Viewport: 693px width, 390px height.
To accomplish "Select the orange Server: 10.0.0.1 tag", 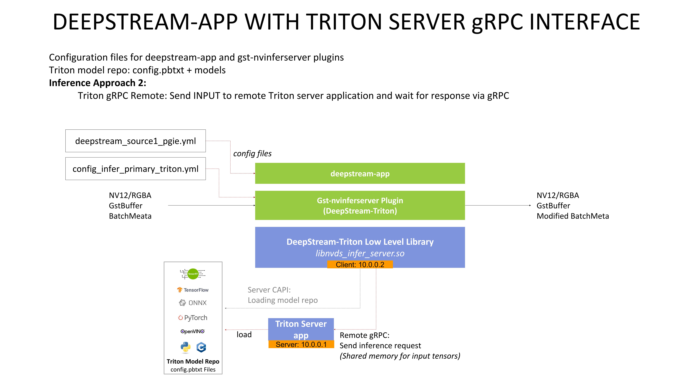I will click(x=301, y=344).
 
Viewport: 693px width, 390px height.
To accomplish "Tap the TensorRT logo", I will click(x=193, y=274).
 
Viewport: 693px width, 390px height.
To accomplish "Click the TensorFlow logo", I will click(x=193, y=290).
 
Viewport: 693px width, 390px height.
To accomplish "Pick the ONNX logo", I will click(x=193, y=303).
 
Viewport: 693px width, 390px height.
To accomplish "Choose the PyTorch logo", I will click(x=193, y=318).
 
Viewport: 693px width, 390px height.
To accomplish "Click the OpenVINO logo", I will click(x=193, y=331).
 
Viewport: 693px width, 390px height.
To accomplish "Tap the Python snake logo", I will click(x=185, y=347).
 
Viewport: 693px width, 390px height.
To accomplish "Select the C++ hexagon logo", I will click(x=201, y=347).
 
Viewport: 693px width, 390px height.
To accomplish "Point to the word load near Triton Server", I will click(x=244, y=335).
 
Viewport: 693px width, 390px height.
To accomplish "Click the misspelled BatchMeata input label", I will click(x=130, y=216).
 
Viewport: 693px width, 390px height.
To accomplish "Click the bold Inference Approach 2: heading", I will click(x=97, y=83).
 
